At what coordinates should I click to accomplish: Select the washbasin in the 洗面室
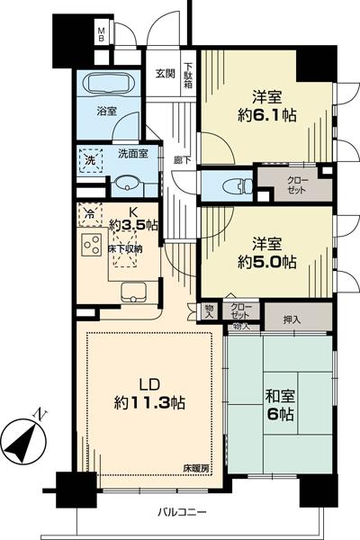point(127,184)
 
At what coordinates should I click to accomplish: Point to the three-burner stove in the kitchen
point(91,244)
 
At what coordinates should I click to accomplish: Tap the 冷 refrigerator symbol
point(88,215)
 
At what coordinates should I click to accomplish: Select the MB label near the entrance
point(102,36)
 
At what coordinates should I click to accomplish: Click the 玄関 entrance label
point(164,74)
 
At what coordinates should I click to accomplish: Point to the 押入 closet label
point(292,319)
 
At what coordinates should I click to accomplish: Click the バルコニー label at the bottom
point(184,512)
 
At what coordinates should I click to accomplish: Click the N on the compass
point(37,415)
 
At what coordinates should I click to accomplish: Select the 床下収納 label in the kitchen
point(126,244)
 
